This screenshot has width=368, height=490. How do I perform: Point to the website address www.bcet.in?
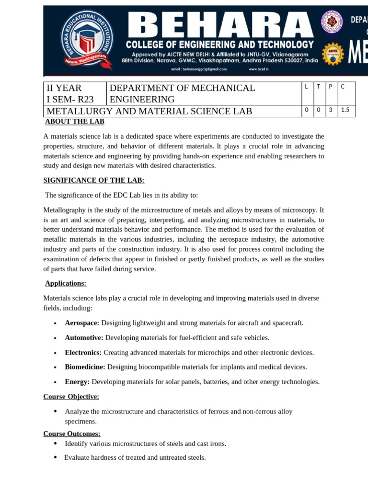point(259,69)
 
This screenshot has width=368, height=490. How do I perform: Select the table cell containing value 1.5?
point(345,110)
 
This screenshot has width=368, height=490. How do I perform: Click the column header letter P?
point(331,86)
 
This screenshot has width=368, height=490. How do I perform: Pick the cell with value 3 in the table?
point(331,110)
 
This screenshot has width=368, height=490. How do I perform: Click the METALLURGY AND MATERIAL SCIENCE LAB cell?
point(149,111)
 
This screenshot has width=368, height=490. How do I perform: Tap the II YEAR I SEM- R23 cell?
point(74,93)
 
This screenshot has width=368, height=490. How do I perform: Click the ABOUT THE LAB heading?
point(75,122)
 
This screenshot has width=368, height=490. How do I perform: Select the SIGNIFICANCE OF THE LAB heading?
point(93,180)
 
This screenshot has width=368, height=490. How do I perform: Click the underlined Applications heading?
point(66,283)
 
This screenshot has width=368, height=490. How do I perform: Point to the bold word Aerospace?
point(82,323)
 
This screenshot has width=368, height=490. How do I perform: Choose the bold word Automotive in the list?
point(84,338)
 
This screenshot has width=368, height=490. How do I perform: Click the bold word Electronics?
point(83,353)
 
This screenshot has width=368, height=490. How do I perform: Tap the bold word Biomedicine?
point(85,367)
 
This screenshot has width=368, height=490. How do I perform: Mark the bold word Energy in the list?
point(77,382)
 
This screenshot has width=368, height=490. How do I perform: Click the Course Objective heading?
point(71,397)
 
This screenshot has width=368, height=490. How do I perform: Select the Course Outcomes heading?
point(71,434)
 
